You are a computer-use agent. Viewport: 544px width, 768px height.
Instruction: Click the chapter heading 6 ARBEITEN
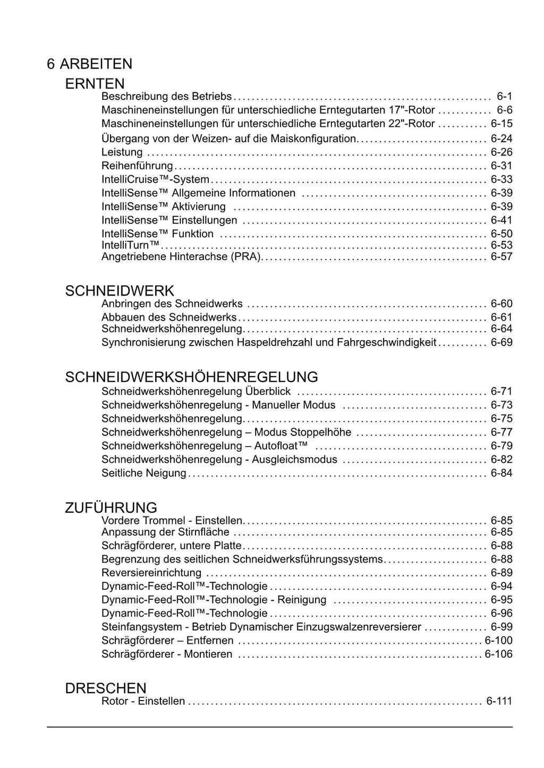pyautogui.click(x=89, y=64)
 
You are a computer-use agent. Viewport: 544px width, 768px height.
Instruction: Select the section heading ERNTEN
pyautogui.click(x=95, y=84)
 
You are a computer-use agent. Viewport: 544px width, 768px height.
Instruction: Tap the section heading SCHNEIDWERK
pyautogui.click(x=120, y=291)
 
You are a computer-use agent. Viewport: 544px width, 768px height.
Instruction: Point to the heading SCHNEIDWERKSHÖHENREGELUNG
pyautogui.click(x=191, y=377)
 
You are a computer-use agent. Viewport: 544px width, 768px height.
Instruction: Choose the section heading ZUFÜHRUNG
pyautogui.click(x=111, y=507)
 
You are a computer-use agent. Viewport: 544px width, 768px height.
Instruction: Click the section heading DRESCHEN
pyautogui.click(x=106, y=688)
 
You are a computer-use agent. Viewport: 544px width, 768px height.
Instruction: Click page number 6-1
pyautogui.click(x=504, y=97)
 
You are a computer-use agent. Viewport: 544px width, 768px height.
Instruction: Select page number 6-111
pyautogui.click(x=499, y=701)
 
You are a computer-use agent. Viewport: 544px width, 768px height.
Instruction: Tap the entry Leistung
pyautogui.click(x=122, y=152)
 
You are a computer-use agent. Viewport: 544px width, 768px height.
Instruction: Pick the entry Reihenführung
pyautogui.click(x=137, y=166)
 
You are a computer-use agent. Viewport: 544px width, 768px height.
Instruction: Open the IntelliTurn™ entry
pyautogui.click(x=131, y=245)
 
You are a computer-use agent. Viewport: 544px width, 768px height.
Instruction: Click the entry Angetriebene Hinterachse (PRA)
pyautogui.click(x=181, y=257)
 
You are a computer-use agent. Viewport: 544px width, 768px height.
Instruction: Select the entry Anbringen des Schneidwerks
pyautogui.click(x=172, y=304)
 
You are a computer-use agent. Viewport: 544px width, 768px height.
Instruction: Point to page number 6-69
pyautogui.click(x=501, y=342)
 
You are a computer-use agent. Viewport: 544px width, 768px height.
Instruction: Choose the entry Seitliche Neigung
pyautogui.click(x=144, y=473)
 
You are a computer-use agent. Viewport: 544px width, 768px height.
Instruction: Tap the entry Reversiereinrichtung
pyautogui.click(x=151, y=573)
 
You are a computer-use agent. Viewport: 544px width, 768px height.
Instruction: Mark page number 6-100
pyautogui.click(x=498, y=641)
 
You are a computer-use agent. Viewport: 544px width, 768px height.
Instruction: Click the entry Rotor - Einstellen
pyautogui.click(x=143, y=701)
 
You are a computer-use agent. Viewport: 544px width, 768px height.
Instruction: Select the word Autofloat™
pyautogui.click(x=281, y=446)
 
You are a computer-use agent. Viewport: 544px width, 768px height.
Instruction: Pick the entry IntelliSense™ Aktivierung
pyautogui.click(x=164, y=206)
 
